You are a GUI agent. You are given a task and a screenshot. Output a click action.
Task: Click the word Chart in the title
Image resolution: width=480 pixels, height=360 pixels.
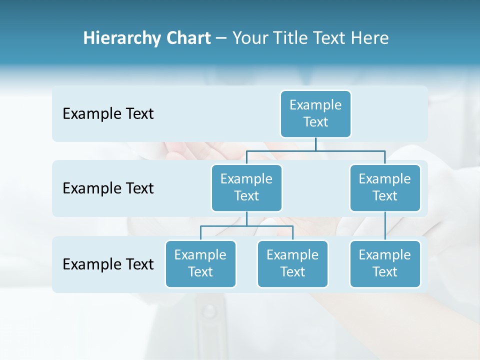[x=189, y=38]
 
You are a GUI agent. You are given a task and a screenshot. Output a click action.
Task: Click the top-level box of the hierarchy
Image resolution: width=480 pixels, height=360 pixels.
[x=315, y=114]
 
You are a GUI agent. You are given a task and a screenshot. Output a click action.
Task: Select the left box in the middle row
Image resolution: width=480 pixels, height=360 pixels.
[x=246, y=188]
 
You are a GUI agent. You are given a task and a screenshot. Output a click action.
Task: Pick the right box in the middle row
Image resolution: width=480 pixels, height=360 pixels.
[x=385, y=188]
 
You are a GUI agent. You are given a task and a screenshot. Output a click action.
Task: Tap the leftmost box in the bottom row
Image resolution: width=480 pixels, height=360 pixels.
[x=200, y=264]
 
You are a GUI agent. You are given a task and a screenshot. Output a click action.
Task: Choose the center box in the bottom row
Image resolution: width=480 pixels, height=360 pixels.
[x=292, y=264]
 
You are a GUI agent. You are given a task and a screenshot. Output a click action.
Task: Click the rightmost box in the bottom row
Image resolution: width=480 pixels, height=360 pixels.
[x=385, y=264]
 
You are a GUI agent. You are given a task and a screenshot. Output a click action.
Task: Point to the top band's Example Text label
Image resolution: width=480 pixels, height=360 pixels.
[x=108, y=114]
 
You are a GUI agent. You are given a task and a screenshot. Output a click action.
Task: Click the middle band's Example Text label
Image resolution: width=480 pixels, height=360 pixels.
[x=108, y=188]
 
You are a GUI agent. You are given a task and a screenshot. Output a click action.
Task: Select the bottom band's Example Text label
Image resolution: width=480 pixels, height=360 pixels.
[x=108, y=264]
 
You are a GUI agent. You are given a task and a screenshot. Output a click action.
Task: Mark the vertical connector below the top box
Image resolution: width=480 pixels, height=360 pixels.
[x=315, y=144]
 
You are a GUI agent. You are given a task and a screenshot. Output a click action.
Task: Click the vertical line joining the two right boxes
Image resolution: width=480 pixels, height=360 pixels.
[x=385, y=226]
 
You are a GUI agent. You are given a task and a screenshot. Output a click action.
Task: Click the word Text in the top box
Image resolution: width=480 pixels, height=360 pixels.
[x=315, y=122]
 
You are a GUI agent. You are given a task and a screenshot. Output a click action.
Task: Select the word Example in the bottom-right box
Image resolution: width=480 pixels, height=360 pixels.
[x=385, y=255]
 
